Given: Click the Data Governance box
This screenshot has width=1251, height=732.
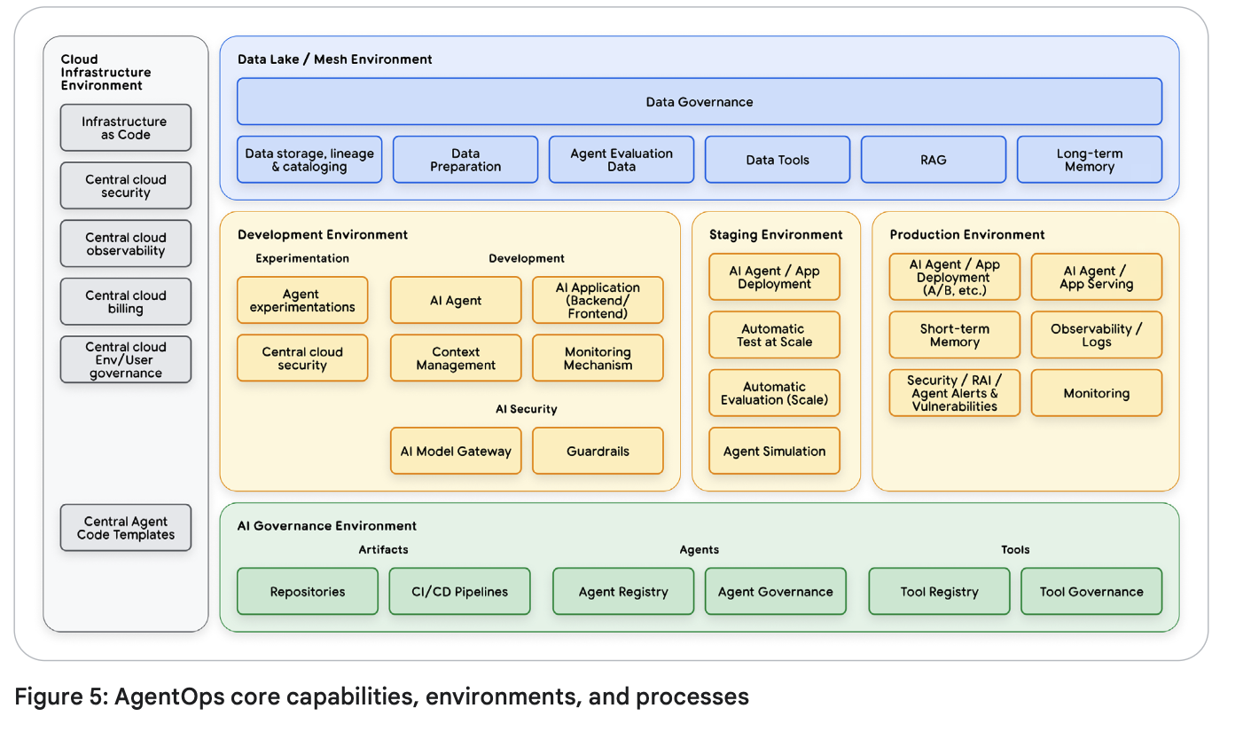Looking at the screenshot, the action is click(700, 102).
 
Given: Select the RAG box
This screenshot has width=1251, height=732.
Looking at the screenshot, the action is click(934, 160).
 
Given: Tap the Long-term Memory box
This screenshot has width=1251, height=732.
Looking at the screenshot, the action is click(1090, 160).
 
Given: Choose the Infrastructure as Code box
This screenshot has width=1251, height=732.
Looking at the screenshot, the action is click(126, 128).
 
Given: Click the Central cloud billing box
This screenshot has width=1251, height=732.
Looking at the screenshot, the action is click(126, 302).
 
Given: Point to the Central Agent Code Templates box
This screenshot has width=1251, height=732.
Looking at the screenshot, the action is click(126, 528).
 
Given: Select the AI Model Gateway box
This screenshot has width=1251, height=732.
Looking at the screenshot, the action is click(456, 451).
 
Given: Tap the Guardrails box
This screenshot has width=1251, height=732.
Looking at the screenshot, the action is click(598, 451).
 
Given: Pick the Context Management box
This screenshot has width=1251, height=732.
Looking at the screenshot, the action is click(456, 358).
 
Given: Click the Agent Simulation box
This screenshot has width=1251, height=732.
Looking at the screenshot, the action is click(774, 451).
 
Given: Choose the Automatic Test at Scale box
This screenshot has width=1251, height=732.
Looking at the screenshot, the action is click(774, 335).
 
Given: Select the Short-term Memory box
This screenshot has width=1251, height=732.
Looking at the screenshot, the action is click(955, 335).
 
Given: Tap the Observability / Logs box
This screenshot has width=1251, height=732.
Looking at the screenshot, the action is click(1097, 335).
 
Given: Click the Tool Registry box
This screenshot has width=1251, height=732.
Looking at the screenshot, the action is click(940, 592).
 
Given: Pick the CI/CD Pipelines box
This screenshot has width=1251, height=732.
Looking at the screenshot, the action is click(459, 592).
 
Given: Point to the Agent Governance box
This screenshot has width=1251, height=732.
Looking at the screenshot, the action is click(775, 592).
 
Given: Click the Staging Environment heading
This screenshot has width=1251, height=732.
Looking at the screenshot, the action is click(776, 235).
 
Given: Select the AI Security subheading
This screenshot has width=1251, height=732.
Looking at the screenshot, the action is click(526, 409).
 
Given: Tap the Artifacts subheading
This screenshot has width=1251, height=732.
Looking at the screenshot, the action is click(383, 549).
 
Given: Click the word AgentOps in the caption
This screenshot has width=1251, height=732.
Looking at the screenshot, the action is click(169, 697).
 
